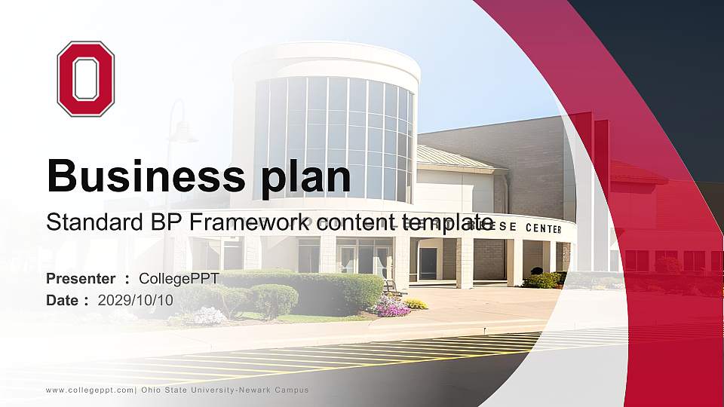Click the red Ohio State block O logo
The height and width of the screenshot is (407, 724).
[85, 78]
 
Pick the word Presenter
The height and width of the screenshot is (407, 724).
[81, 279]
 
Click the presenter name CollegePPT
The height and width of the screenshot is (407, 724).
[179, 279]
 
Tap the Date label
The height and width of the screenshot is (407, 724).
[63, 300]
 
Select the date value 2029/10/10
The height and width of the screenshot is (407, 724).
[136, 300]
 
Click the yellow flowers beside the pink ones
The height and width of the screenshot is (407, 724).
[415, 304]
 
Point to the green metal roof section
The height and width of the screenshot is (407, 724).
[452, 158]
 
